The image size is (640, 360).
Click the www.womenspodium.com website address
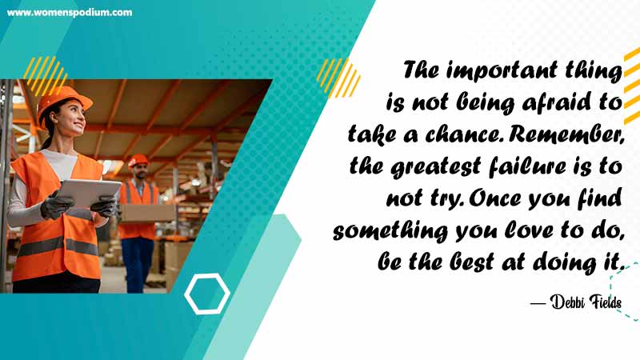pyautogui.click(x=70, y=13)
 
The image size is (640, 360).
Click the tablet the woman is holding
pyautogui.click(x=88, y=192)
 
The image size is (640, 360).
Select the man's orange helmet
pyautogui.click(x=138, y=161)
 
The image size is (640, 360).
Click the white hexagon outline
pyautogui.click(x=207, y=294)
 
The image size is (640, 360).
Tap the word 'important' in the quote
pyautogui.click(x=502, y=71)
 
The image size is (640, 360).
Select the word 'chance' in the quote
pyautogui.click(x=462, y=134)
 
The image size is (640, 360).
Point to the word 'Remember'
pyautogui.click(x=566, y=134)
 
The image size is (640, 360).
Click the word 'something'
pyautogui.click(x=390, y=231)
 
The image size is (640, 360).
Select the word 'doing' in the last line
pyautogui.click(x=564, y=263)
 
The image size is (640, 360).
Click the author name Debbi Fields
pyautogui.click(x=586, y=302)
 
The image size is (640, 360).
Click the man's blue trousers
pyautogui.click(x=138, y=265)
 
